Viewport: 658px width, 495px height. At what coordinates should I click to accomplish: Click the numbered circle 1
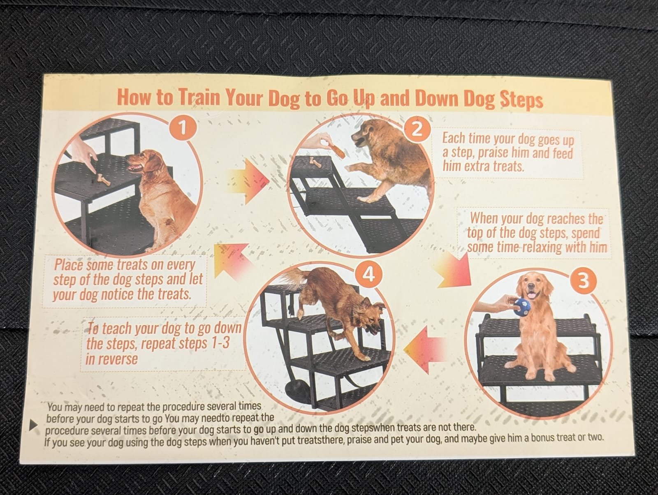pyautogui.click(x=183, y=128)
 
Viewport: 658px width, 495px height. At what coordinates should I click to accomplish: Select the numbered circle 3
pyautogui.click(x=583, y=281)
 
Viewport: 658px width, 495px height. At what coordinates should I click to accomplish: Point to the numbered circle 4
pyautogui.click(x=368, y=274)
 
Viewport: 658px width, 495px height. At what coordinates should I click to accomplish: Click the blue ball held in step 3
pyautogui.click(x=522, y=307)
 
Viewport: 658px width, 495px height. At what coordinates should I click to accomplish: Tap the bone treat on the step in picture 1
pyautogui.click(x=102, y=179)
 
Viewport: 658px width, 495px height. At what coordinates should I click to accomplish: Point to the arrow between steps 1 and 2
pyautogui.click(x=248, y=181)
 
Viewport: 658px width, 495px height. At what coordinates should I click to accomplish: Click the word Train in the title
pyautogui.click(x=199, y=97)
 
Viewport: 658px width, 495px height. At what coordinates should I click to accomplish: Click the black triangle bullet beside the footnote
pyautogui.click(x=34, y=425)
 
